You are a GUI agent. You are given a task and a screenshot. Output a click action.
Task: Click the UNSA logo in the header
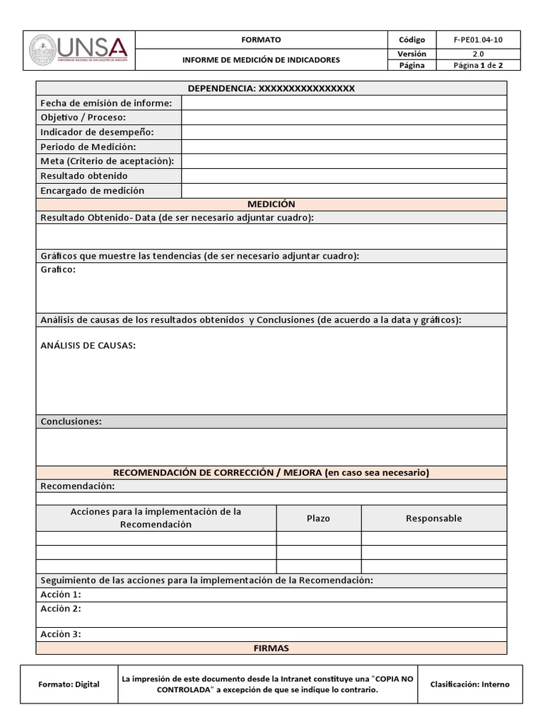pyautogui.click(x=78, y=49)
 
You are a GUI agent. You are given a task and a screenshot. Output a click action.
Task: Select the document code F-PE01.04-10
pyautogui.click(x=478, y=40)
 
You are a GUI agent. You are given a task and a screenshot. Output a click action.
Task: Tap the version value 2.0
pyautogui.click(x=478, y=53)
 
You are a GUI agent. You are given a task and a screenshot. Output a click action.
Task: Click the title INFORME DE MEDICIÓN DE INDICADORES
pyautogui.click(x=261, y=59)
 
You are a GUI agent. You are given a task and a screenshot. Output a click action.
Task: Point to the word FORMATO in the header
pyautogui.click(x=261, y=40)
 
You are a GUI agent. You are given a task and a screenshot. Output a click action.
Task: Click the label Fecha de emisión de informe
pyautogui.click(x=106, y=103)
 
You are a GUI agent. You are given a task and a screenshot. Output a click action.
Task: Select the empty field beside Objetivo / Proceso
pyautogui.click(x=344, y=117)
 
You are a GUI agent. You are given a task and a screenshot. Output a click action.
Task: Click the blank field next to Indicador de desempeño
pyautogui.click(x=344, y=132)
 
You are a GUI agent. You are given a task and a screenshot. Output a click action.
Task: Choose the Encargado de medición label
pyautogui.click(x=92, y=190)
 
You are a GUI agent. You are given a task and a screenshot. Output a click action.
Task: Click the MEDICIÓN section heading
pyautogui.click(x=271, y=204)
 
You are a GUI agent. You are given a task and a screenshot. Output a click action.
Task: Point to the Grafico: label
pyautogui.click(x=58, y=269)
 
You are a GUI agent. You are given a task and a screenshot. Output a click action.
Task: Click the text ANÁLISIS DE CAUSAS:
pyautogui.click(x=88, y=346)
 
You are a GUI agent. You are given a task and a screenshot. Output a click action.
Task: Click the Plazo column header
pyautogui.click(x=318, y=518)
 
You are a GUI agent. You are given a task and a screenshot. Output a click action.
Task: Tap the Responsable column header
pyautogui.click(x=433, y=518)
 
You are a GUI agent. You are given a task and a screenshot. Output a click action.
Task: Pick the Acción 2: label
pyautogui.click(x=61, y=609)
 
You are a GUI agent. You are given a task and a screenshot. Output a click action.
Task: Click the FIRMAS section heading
pyautogui.click(x=271, y=648)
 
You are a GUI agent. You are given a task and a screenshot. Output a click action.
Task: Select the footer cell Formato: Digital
pyautogui.click(x=69, y=684)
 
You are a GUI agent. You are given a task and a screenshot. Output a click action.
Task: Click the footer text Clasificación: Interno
pyautogui.click(x=469, y=684)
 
